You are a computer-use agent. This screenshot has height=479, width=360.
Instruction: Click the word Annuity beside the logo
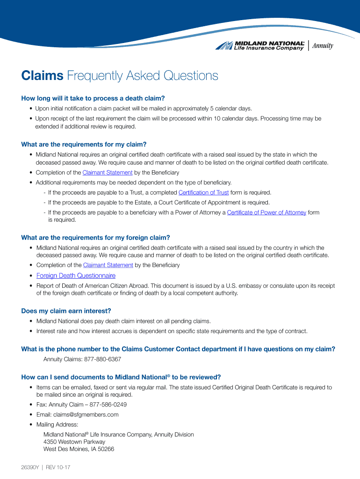pos(323,45)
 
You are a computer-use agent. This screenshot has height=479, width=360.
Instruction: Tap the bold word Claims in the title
pos(42,76)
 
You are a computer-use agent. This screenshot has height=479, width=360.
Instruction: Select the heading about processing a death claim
pos(93,98)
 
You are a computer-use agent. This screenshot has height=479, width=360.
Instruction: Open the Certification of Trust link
pos(203,193)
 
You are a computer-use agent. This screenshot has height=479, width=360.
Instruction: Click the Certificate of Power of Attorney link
pos(266,212)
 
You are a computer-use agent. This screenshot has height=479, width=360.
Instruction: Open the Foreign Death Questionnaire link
pos(76,276)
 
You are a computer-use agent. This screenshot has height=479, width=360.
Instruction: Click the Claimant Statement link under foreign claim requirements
pos(108,265)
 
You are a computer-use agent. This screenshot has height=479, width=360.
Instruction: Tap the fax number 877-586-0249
pos(108,405)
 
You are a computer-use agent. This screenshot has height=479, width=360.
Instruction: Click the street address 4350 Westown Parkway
pos(74,442)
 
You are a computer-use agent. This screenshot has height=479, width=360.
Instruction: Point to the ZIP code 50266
pos(106,450)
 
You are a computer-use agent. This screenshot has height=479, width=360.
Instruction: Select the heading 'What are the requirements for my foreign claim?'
pos(95,238)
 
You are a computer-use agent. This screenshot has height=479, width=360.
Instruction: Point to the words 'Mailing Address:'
pos(57,425)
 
